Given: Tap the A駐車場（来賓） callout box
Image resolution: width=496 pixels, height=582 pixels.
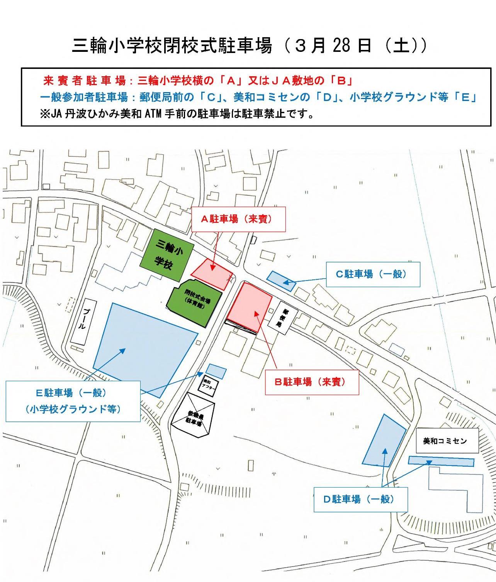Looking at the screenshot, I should (x=238, y=219).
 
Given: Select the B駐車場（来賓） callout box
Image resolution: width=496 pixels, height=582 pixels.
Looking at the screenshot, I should (x=312, y=382).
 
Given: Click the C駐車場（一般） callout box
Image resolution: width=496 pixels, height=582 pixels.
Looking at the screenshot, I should (x=373, y=274).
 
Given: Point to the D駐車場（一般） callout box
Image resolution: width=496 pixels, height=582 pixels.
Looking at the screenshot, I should (x=360, y=499).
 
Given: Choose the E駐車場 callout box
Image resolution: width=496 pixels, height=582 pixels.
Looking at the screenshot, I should (x=73, y=401).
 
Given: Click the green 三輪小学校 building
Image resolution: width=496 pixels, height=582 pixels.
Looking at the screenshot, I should (x=167, y=254).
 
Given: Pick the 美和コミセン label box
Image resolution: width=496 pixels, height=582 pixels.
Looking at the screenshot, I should (x=447, y=440).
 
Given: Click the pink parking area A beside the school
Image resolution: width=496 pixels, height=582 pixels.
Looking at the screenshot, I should (x=212, y=273).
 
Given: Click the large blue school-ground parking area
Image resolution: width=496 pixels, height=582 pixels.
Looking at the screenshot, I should (x=145, y=346).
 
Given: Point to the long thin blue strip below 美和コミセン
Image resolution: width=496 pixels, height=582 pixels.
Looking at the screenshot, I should (x=441, y=461).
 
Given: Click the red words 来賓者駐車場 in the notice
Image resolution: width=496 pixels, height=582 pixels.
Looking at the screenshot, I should (x=84, y=81).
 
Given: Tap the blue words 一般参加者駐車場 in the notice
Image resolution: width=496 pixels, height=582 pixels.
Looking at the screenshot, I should (x=84, y=97).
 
